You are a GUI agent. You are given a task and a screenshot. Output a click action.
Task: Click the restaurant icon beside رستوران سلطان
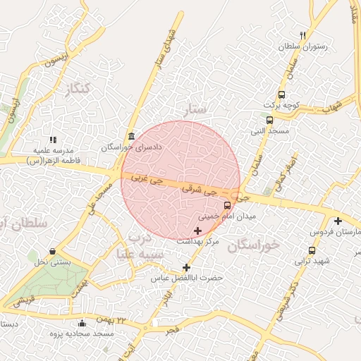(303, 35)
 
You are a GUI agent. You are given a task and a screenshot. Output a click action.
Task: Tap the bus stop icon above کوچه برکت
(282, 94)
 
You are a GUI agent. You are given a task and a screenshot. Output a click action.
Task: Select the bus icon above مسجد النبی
(269, 120)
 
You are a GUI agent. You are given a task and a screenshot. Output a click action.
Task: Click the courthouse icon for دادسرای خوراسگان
(131, 136)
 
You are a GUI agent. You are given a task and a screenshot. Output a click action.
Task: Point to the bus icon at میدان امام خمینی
(227, 206)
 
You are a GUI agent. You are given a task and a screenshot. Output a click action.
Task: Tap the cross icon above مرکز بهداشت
(197, 231)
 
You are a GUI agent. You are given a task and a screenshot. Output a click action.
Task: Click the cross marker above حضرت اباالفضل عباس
(186, 267)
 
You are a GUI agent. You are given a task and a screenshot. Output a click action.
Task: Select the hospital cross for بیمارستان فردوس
(338, 221)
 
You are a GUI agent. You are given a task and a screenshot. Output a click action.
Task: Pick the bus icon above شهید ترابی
(312, 250)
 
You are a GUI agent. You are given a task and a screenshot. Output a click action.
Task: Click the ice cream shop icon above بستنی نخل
(53, 252)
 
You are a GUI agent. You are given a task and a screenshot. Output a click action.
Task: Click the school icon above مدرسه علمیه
(54, 140)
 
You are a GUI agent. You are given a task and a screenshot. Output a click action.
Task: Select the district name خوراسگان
(255, 245)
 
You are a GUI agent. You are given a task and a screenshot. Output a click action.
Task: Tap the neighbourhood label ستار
(197, 109)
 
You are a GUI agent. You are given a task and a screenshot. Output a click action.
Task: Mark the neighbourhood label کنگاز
(77, 90)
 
